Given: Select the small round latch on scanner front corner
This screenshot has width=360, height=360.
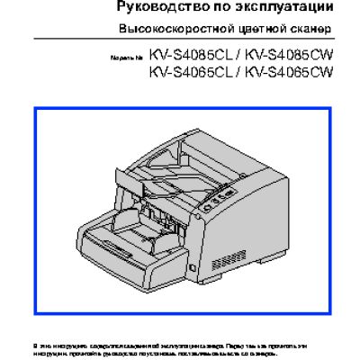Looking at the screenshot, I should pos(192,267).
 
